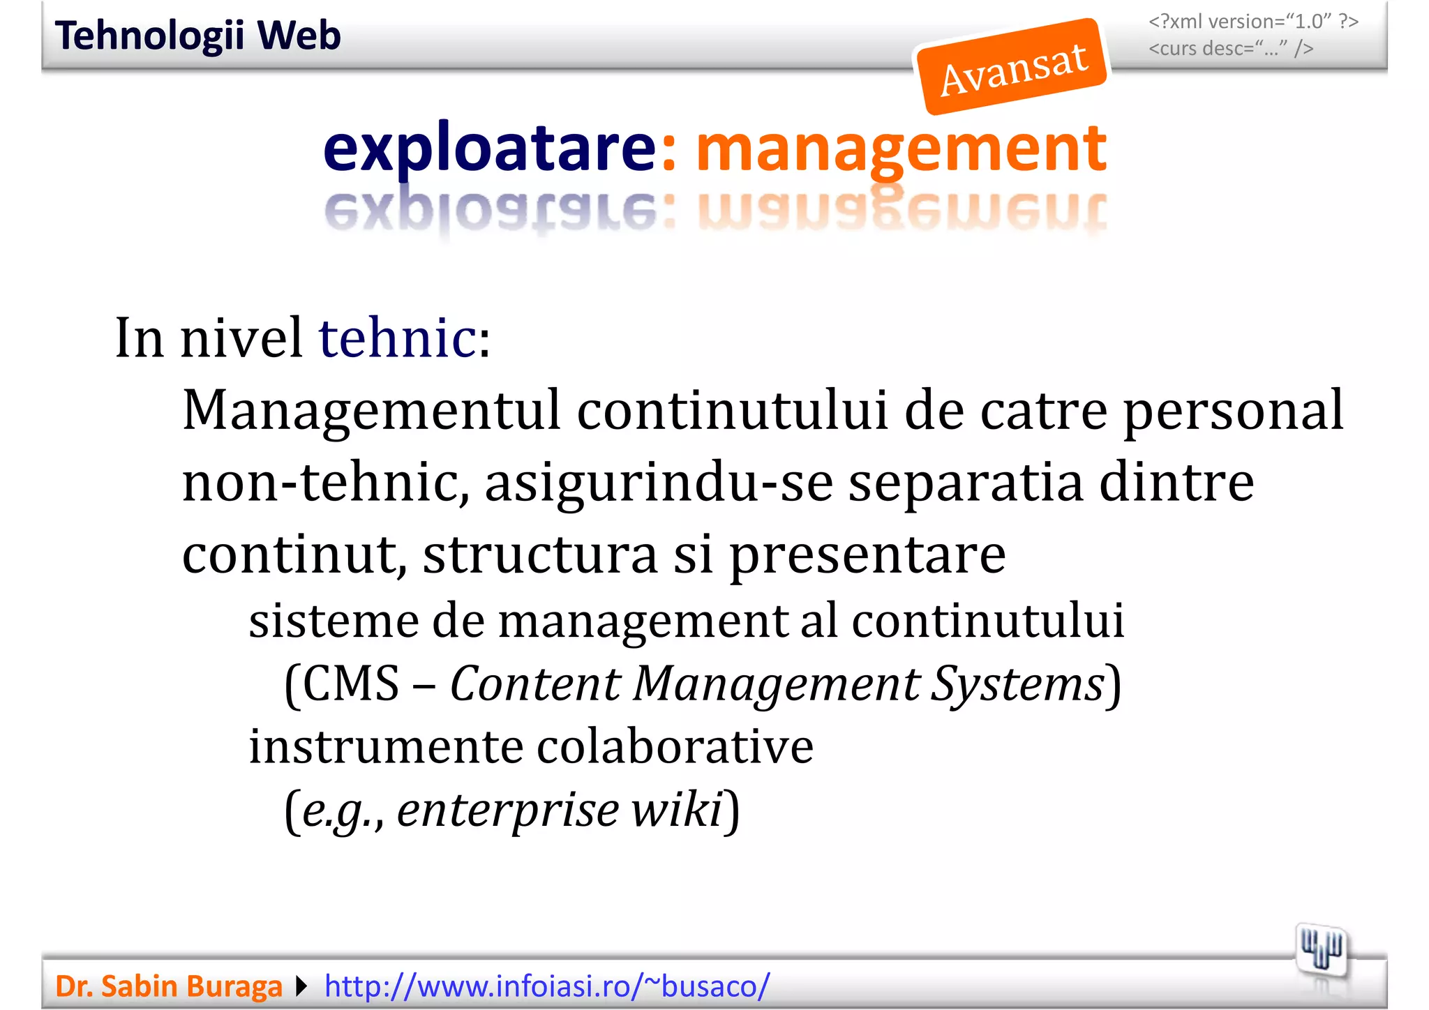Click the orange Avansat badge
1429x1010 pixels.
[1012, 67]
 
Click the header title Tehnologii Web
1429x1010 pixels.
[197, 36]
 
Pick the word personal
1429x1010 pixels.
[1232, 411]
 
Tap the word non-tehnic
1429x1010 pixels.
[324, 483]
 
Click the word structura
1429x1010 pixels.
[540, 555]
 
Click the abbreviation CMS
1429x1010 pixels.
[351, 684]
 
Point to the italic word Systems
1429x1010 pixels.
[1019, 684]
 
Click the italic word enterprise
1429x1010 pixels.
[508, 811]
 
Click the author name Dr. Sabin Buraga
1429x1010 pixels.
[168, 986]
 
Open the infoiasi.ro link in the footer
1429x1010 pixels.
[547, 986]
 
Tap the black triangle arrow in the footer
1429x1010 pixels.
[301, 986]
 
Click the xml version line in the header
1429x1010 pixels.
[1253, 22]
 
